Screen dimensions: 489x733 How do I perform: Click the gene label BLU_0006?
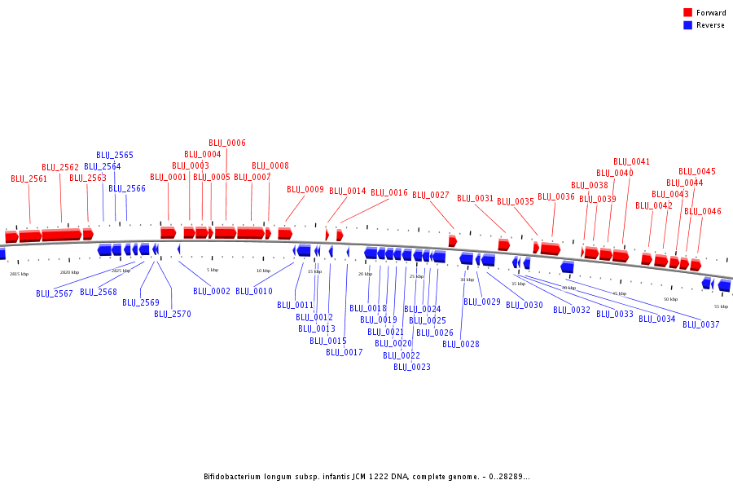coord(227,143)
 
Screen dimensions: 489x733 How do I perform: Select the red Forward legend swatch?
coord(687,12)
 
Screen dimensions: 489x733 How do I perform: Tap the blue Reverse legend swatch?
coord(687,25)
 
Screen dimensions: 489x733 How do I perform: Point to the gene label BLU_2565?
coord(115,155)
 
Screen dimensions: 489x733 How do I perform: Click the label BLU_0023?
coord(412,367)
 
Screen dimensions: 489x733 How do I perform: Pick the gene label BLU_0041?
coord(632,161)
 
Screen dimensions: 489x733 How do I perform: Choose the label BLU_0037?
coord(701,324)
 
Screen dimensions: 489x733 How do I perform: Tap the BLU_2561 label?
coord(29,178)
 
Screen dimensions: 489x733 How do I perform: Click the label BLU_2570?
coord(173,314)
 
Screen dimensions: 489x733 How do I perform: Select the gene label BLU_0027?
coord(431,195)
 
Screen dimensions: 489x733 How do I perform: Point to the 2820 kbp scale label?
coord(70,272)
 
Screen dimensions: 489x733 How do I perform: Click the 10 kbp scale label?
coord(263,271)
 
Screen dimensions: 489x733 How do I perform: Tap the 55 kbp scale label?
coord(721,306)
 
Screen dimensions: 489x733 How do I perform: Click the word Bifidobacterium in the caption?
coord(236,477)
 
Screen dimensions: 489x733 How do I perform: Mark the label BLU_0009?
coord(305,189)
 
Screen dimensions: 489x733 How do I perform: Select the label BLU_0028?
coord(461,344)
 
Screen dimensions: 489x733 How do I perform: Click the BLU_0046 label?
coord(703,211)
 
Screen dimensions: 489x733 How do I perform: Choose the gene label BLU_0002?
coord(212,291)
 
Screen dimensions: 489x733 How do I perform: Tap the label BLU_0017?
coord(345,352)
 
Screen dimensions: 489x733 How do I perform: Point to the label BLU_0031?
coord(476,198)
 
